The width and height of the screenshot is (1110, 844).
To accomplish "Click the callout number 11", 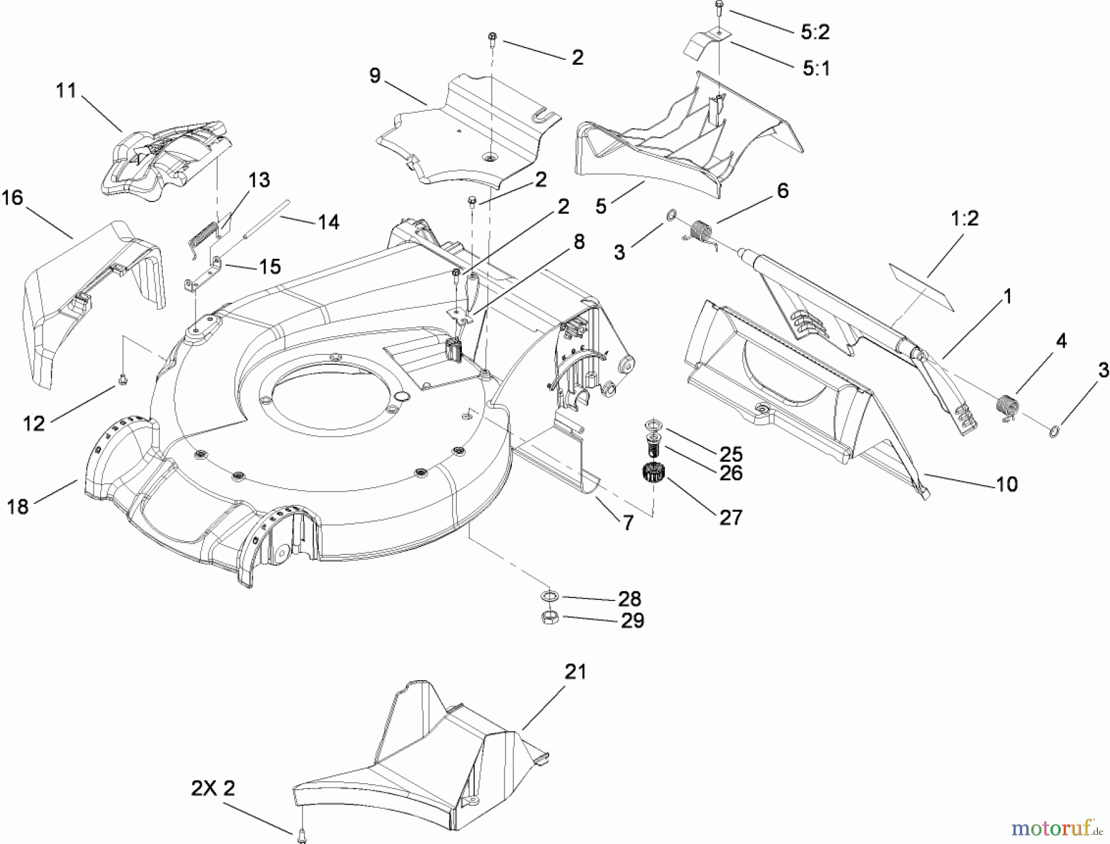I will click(66, 91).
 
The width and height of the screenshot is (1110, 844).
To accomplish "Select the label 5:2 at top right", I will click(815, 33).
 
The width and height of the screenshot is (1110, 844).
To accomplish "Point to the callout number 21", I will click(575, 672).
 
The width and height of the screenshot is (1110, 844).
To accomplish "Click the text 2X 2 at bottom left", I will click(213, 789).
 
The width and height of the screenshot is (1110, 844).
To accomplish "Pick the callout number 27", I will click(731, 517).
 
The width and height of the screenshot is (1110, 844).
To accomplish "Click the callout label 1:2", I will click(965, 218).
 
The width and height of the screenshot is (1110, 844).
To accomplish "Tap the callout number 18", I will click(18, 507).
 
